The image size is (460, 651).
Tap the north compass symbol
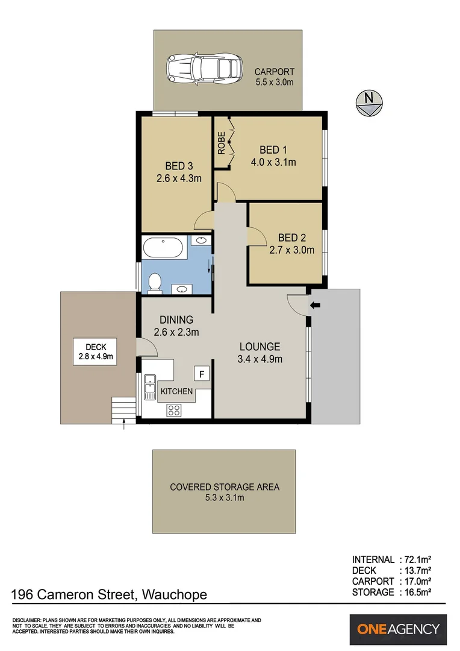click(x=367, y=103)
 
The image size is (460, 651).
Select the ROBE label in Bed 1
click(x=221, y=143)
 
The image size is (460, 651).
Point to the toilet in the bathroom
click(x=155, y=282)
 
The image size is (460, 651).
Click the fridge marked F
click(x=202, y=374)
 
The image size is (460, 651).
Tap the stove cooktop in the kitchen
click(x=175, y=410)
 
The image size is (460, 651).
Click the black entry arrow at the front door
click(x=315, y=306)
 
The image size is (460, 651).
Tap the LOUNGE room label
click(x=260, y=347)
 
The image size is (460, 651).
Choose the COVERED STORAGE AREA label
click(x=225, y=487)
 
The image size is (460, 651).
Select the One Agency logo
click(x=398, y=629)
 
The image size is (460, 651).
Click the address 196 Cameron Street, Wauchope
click(x=109, y=594)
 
